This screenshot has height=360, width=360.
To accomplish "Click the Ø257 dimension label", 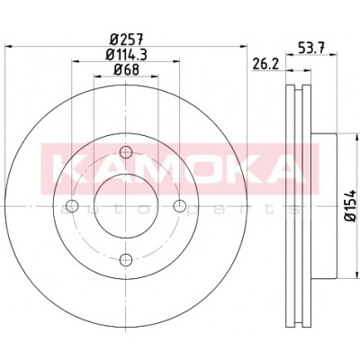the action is click(x=127, y=39).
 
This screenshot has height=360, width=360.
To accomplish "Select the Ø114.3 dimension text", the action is click(x=127, y=55).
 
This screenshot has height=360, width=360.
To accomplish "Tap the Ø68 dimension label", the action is click(x=126, y=70).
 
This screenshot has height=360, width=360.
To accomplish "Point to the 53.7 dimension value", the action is click(x=310, y=48).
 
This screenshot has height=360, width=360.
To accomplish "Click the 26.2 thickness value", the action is click(x=265, y=64).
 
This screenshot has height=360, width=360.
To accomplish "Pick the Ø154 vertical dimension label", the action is click(x=350, y=205).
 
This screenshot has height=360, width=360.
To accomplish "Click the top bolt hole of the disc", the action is click(x=126, y=152).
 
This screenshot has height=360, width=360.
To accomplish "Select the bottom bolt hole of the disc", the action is click(x=126, y=259).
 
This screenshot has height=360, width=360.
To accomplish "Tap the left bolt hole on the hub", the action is click(x=72, y=206).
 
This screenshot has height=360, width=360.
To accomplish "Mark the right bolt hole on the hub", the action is click(x=180, y=206).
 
